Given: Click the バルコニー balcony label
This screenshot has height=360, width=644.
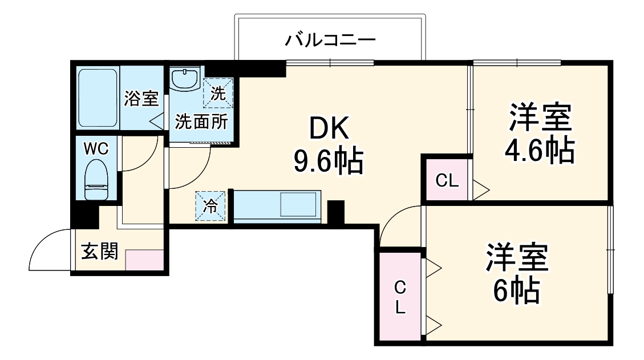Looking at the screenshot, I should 330,41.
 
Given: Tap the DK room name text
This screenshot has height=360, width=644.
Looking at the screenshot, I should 329,131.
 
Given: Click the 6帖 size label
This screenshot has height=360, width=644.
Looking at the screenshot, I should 516,291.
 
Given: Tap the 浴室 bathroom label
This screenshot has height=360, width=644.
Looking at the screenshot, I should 141,99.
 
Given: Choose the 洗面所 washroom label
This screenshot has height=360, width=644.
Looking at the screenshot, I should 201,122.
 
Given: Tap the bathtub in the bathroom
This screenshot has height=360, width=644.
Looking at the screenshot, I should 98,98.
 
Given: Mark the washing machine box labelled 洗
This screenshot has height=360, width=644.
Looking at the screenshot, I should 218,92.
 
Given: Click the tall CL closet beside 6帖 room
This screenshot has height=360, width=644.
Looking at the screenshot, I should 400,297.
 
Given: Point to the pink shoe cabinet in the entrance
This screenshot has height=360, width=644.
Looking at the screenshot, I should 145,260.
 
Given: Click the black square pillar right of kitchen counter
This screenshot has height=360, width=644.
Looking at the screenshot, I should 335,213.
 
